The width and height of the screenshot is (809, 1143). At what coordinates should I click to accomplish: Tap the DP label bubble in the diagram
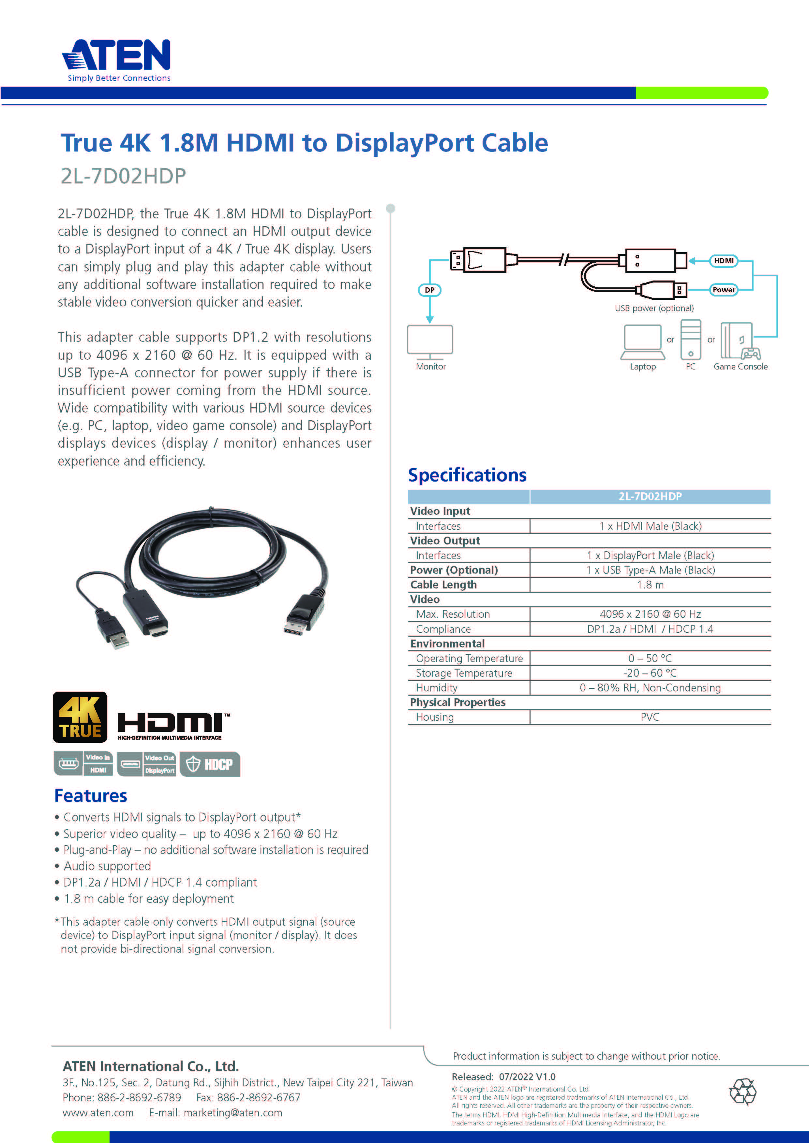pos(429,290)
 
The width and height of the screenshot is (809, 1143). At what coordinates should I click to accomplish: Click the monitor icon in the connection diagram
pos(430,341)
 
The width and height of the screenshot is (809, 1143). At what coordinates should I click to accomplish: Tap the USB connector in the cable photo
pos(113,629)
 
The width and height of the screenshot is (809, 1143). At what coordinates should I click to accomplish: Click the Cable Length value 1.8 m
pos(650,585)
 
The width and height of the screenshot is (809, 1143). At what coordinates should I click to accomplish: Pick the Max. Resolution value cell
pos(650,614)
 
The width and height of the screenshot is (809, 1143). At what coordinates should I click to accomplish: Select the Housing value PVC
pos(650,717)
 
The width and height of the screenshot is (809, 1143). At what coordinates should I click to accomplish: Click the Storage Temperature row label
pos(464,673)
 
